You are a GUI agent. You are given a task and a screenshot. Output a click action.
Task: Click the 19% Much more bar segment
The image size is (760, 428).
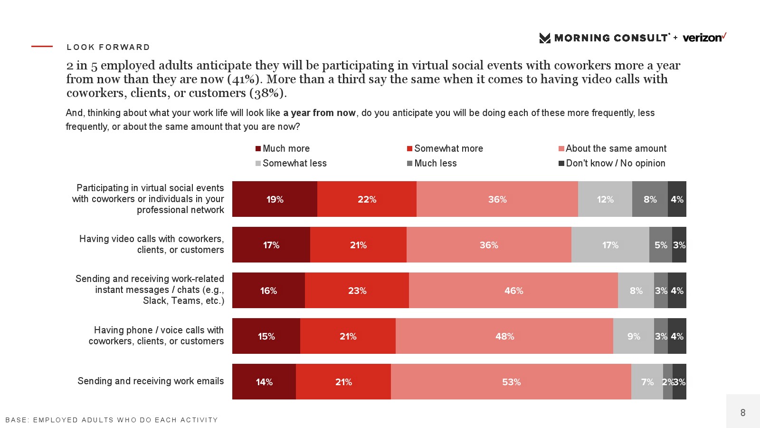[275, 199]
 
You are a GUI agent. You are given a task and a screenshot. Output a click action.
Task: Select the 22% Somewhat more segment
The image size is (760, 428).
[367, 199]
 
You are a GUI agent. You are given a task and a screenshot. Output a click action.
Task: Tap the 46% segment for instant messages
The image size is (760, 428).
[513, 291]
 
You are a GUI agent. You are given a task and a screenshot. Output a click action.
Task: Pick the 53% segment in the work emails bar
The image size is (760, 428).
[511, 382]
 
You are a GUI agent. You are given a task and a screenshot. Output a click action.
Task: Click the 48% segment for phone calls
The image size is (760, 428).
[504, 336]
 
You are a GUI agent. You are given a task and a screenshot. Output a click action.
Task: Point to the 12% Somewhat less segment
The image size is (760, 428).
[605, 199]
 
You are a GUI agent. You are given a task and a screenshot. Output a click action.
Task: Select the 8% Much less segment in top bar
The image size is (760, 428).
[650, 199]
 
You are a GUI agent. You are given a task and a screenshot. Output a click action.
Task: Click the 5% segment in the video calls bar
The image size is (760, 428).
[660, 245]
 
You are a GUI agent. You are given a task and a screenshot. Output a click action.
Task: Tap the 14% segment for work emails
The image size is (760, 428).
[264, 382]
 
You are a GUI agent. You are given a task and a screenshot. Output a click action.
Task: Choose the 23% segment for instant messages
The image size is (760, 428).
[357, 291]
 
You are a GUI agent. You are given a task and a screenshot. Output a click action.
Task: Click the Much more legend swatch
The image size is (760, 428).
[258, 149]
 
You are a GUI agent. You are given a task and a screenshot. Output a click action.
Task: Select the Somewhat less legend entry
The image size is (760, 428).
[291, 163]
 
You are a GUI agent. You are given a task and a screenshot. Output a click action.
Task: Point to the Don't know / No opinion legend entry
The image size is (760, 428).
[612, 163]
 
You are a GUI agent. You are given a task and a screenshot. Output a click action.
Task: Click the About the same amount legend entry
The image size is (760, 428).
[612, 148]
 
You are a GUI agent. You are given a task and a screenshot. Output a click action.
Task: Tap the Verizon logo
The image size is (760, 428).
[704, 38]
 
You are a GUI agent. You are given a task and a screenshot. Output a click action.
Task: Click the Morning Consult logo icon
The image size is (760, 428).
[545, 38]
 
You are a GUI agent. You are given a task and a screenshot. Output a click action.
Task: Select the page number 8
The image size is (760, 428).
[743, 412]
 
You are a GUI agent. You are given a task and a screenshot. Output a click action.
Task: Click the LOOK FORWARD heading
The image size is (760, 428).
[108, 47]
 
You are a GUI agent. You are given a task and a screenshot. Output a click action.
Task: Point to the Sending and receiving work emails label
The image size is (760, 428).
[151, 381]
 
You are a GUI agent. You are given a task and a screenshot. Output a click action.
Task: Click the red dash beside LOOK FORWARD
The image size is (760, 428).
[42, 47]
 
